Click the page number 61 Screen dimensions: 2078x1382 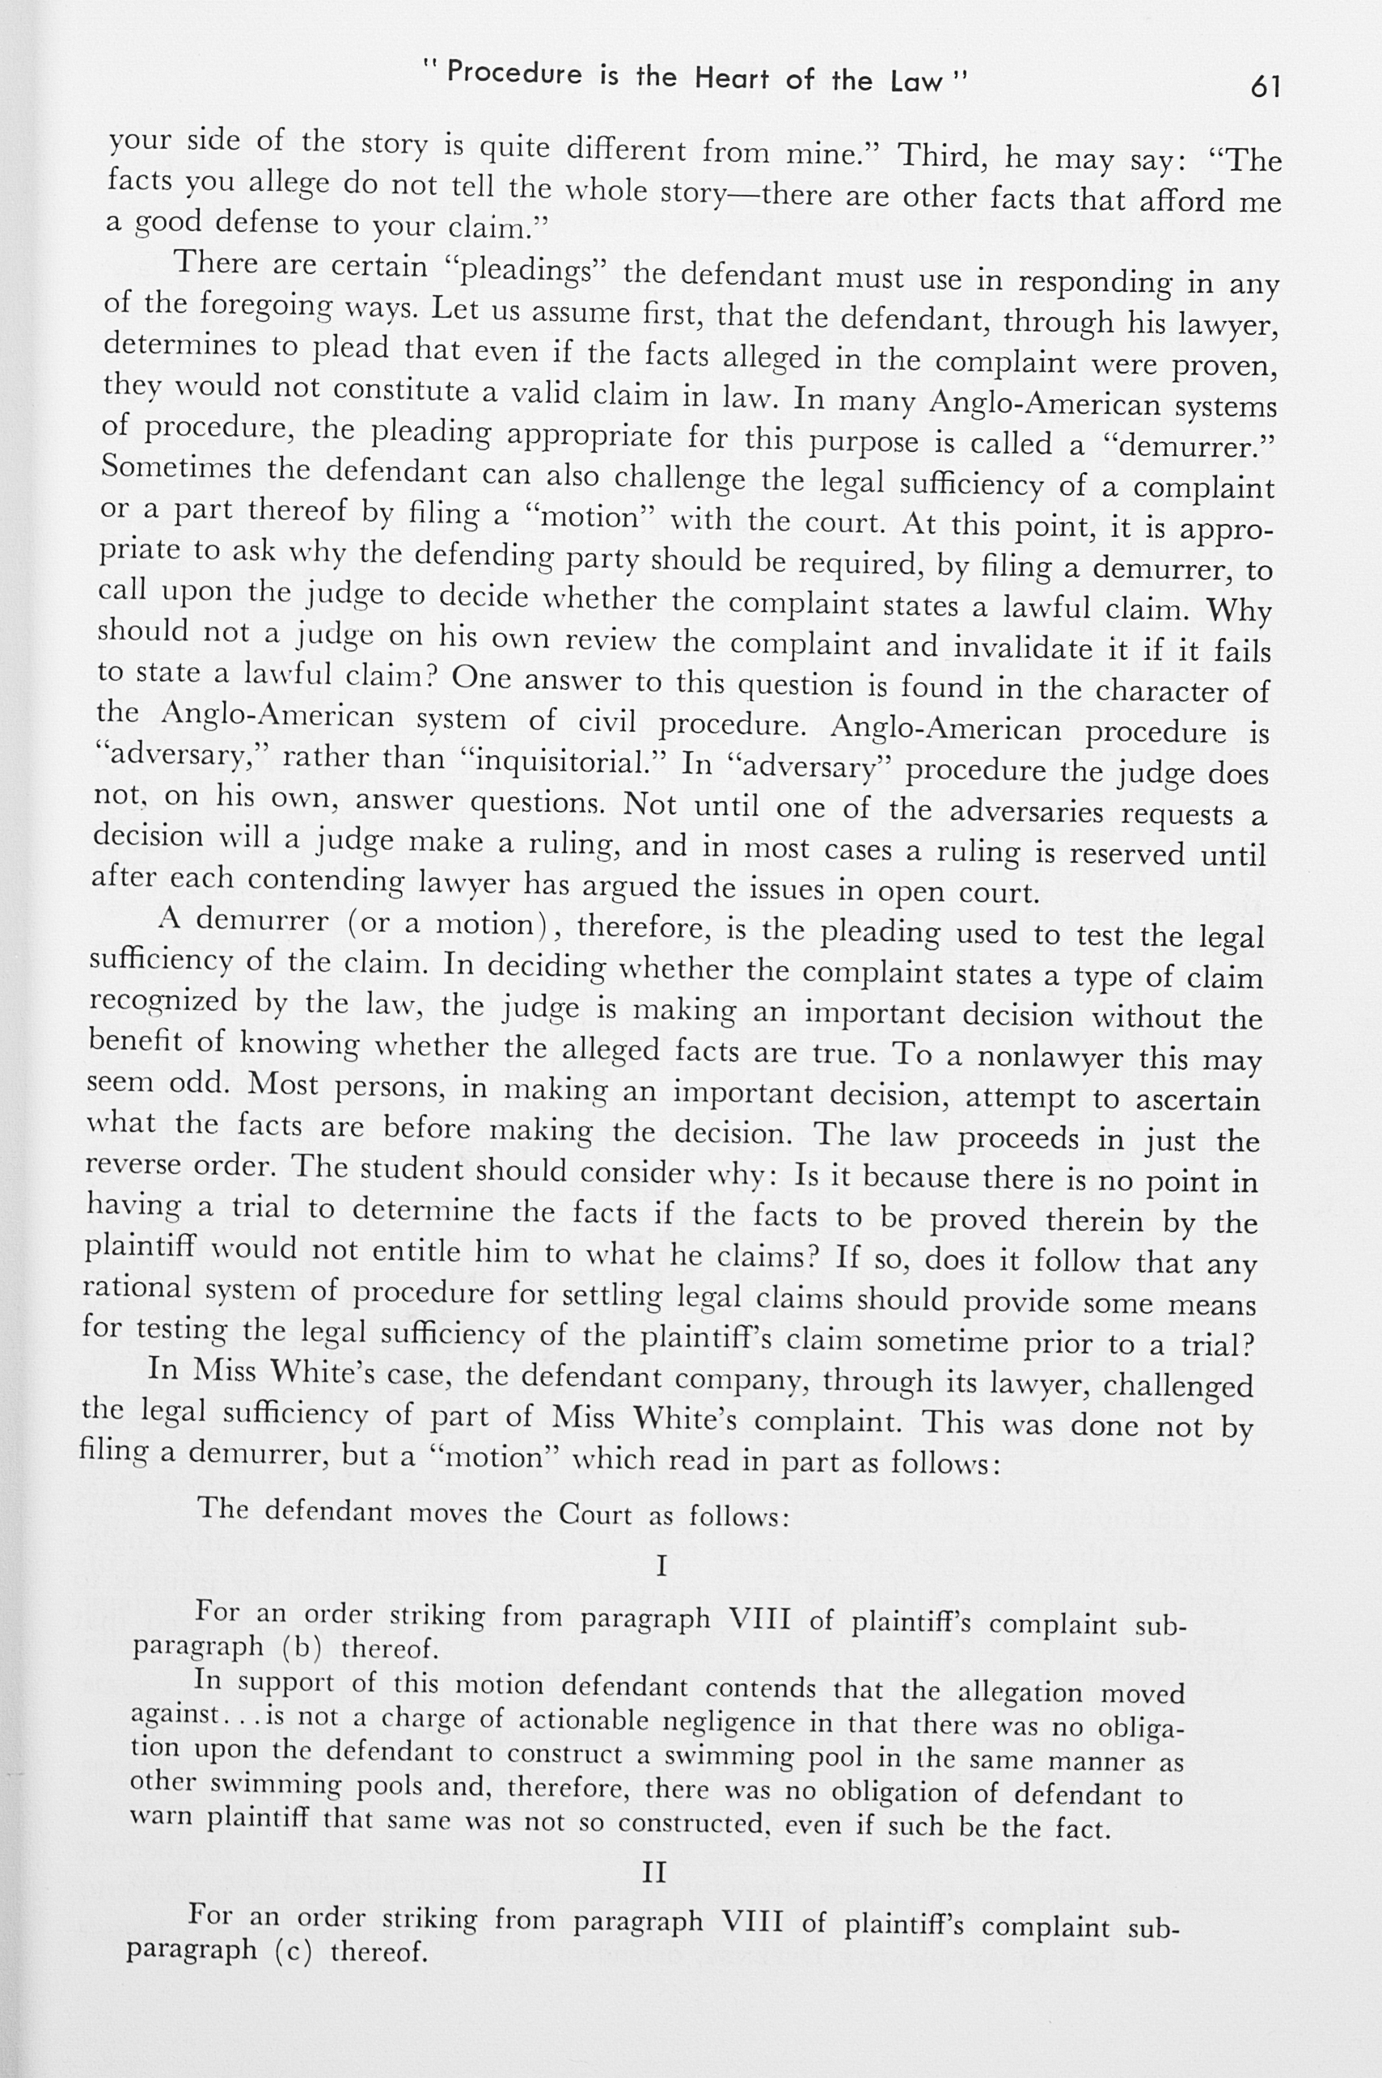click(x=1265, y=87)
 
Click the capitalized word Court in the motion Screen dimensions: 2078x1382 click(x=595, y=1514)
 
